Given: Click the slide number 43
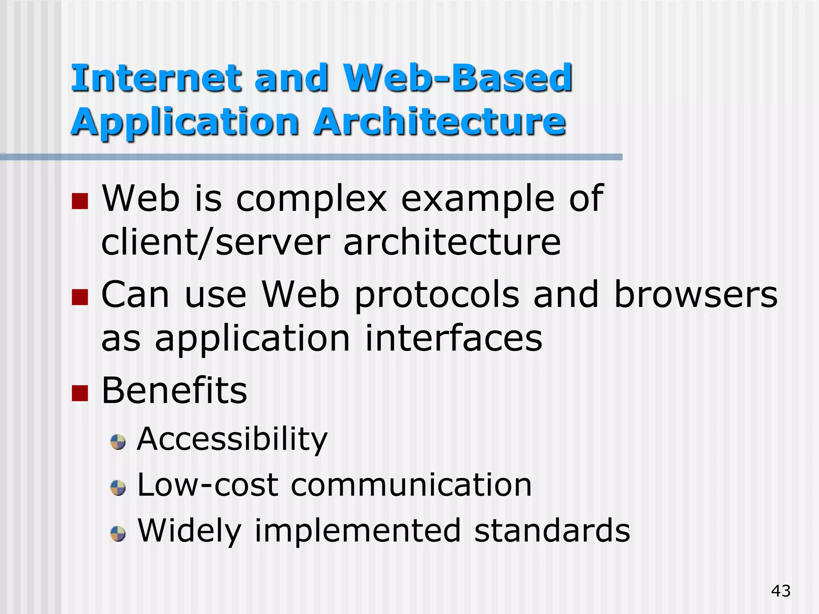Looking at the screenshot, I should coord(781,591).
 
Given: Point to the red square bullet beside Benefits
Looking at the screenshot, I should coord(80,393).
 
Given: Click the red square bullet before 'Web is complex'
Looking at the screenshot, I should coord(80,201).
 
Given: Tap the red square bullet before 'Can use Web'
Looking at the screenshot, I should coord(80,297).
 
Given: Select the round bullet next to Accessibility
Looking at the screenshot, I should coord(118,442).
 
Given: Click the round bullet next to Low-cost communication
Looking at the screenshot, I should coord(118,488).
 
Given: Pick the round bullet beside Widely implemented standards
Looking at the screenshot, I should coord(118,534).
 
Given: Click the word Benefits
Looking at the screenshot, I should coord(174,391).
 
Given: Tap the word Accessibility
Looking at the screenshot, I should coord(232,439).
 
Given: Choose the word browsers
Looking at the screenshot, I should coord(695,295).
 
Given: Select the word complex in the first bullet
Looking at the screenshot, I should coord(312,200).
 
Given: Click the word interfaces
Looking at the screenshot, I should coord(453,339).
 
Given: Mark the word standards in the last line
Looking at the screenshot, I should coord(552,531).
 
